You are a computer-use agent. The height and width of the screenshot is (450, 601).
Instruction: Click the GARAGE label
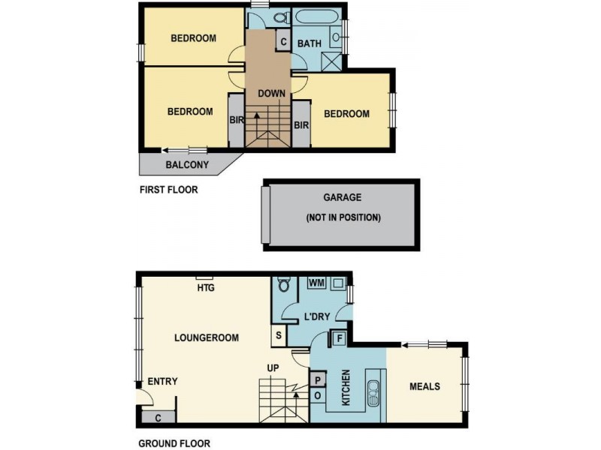pyautogui.click(x=343, y=198)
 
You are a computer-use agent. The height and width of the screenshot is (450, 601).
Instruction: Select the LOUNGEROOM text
pyautogui.click(x=207, y=338)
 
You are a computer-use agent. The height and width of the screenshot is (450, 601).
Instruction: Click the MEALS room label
pyautogui.click(x=424, y=387)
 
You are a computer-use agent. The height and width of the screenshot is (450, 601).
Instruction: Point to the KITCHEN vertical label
pyautogui.click(x=346, y=388)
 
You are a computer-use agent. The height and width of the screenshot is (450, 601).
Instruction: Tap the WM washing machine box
pyautogui.click(x=316, y=283)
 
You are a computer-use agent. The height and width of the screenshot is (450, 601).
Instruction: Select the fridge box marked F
pyautogui.click(x=337, y=338)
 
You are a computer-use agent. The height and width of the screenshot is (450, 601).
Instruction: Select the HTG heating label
pyautogui.click(x=205, y=287)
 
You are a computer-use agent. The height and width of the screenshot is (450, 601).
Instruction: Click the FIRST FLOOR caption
pyautogui.click(x=169, y=190)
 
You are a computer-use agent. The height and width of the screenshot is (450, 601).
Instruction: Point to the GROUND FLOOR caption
pyautogui.click(x=174, y=443)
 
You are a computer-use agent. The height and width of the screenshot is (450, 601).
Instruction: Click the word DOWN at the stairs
pyautogui.click(x=270, y=94)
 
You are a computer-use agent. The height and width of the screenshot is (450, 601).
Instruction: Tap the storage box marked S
pyautogui.click(x=279, y=336)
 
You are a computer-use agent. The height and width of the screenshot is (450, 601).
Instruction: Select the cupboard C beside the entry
pyautogui.click(x=158, y=417)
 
